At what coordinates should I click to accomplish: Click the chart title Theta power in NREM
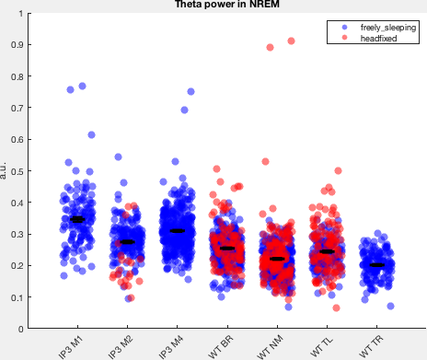pos(227,5)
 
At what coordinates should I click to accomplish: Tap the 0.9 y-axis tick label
pos(17,45)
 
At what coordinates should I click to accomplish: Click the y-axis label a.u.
pos(3,170)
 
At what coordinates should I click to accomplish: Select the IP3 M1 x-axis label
pos(71,347)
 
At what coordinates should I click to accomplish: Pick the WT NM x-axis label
pos(270,347)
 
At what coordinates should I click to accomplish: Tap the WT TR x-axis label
pos(371,346)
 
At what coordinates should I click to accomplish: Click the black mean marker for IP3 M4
pos(178,231)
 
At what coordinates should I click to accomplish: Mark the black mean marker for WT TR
pos(377,265)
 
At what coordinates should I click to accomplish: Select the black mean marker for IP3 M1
pos(77,219)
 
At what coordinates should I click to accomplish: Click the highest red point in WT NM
pos(291,41)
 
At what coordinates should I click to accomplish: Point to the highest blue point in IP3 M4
pos(190,91)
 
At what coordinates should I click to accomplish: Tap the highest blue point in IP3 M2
pos(118,157)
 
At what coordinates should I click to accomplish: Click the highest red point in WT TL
pos(338,170)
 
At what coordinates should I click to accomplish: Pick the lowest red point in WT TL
pos(336,308)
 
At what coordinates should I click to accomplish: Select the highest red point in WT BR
pos(216,168)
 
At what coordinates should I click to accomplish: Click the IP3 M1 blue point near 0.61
pos(91,134)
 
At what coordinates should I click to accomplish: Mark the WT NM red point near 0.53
pos(265,161)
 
